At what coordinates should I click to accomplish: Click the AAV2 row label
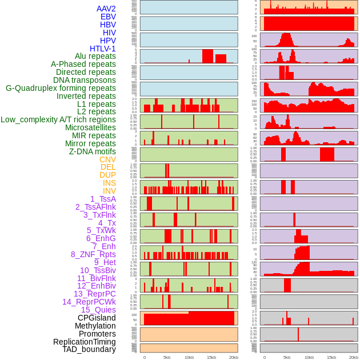click(106, 9)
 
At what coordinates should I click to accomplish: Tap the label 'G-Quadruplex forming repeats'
click(61, 88)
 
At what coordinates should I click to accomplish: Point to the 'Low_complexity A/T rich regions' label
click(58, 119)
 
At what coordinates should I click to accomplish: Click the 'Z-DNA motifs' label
click(92, 151)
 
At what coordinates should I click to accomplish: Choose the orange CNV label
click(107, 159)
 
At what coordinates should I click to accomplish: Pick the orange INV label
click(109, 191)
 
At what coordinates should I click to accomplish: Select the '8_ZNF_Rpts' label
click(93, 254)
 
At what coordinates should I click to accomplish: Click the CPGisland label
click(97, 318)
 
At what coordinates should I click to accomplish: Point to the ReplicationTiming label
click(84, 342)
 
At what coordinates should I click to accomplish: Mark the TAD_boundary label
click(89, 349)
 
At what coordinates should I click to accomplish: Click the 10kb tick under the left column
click(189, 357)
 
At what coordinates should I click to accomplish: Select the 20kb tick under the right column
click(354, 357)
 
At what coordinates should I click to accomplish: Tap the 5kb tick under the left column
click(166, 357)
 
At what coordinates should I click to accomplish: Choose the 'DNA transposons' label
click(85, 80)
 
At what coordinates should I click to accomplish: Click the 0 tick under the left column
click(144, 357)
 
